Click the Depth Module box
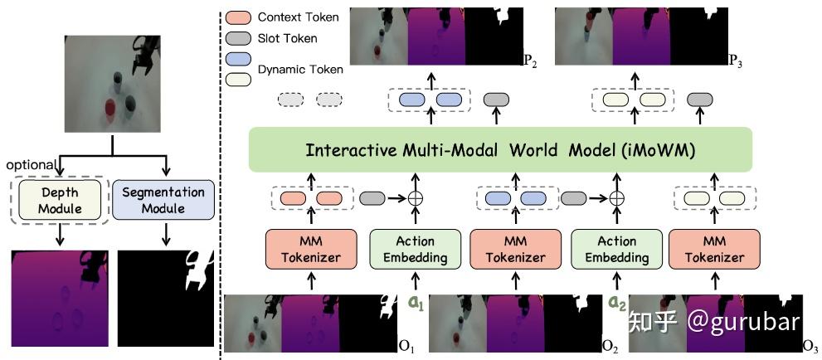point(59,199)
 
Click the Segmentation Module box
point(163,199)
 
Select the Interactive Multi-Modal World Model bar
point(500,150)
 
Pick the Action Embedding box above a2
point(615,248)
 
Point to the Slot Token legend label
point(288,38)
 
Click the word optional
point(31,164)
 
